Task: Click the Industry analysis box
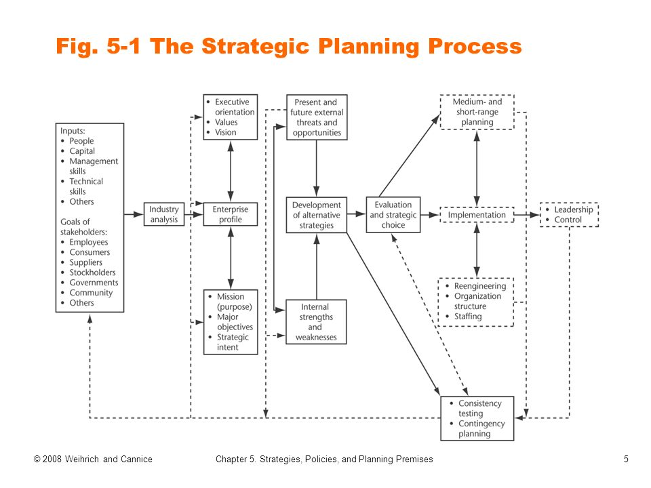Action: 164,215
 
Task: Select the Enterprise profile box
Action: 231,215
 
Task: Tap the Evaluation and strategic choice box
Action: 393,215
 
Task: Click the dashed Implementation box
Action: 477,215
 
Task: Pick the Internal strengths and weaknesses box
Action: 315,322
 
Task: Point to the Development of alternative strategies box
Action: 316,215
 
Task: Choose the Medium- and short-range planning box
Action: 477,112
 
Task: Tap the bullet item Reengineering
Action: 479,286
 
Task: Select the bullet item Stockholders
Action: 92,272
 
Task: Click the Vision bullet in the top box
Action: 226,132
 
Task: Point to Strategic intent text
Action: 233,342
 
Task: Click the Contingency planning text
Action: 481,428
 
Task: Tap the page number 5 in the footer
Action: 626,460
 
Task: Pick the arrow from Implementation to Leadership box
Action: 526,215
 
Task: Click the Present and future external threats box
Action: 317,117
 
